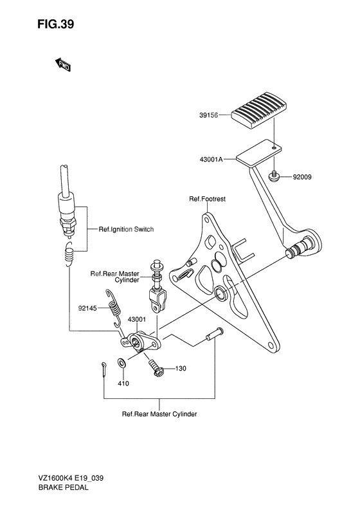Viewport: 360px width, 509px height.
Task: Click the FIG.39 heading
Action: point(55,24)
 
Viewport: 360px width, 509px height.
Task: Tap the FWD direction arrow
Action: point(62,64)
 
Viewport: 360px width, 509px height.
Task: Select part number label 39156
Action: point(208,115)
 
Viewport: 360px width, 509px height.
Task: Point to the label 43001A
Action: point(211,160)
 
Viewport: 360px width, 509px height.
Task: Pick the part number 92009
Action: point(302,177)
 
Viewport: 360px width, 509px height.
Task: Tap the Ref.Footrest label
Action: point(207,199)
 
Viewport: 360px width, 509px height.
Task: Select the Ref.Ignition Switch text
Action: point(126,229)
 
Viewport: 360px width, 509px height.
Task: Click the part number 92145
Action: point(87,308)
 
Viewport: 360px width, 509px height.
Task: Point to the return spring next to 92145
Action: point(114,308)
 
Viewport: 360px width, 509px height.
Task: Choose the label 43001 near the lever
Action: point(136,319)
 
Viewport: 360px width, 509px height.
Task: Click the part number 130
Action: point(181,369)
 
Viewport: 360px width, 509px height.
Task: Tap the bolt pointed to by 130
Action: point(156,367)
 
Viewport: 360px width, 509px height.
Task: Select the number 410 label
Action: point(123,384)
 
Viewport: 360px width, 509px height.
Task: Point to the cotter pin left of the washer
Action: point(104,369)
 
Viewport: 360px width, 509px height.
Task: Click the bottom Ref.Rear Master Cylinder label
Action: point(159,414)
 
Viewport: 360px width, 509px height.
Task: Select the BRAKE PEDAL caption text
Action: point(63,487)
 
